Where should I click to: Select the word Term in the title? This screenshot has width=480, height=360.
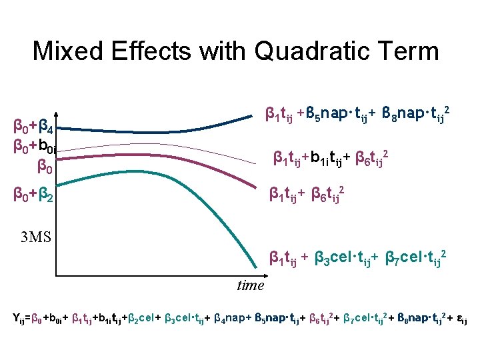point(409,51)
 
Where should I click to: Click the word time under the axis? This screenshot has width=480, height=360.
point(250,285)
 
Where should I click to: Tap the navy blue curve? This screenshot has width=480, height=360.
point(153,132)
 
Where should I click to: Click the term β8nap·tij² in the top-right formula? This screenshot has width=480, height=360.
point(418,116)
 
